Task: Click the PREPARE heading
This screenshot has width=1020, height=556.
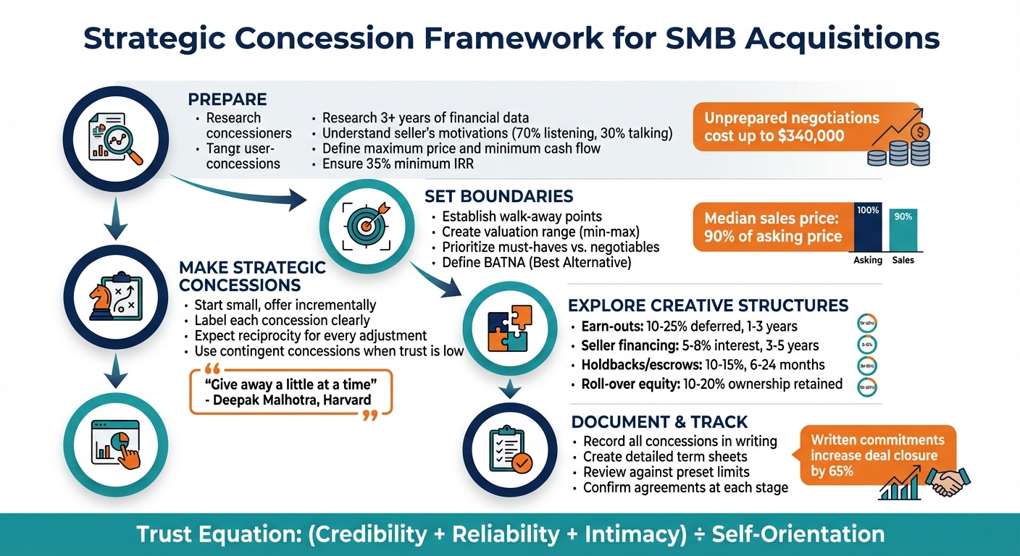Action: point(227,99)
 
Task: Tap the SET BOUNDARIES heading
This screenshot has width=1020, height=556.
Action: point(498,196)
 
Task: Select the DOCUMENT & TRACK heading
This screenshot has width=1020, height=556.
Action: point(659,422)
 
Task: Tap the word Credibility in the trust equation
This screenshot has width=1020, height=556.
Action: point(368,534)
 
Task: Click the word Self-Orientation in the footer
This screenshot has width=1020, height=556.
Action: point(798,534)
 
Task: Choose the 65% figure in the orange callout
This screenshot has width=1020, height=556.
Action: point(838,471)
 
